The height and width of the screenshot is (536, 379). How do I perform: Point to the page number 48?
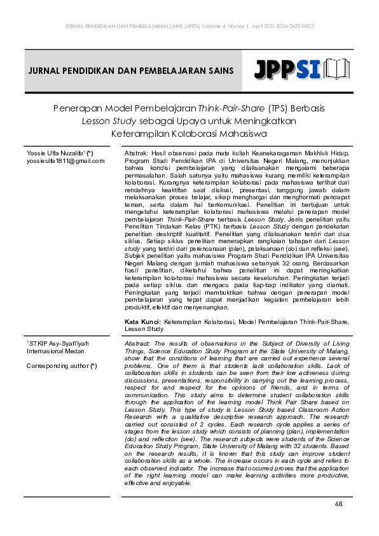coord(338,504)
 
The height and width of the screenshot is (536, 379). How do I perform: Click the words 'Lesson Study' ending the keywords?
coord(144,330)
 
